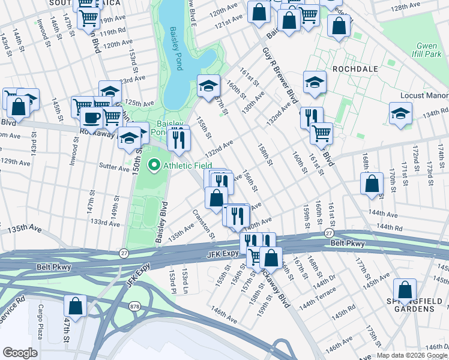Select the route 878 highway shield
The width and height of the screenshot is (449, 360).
tap(134, 307)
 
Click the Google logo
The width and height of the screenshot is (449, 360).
tap(20, 352)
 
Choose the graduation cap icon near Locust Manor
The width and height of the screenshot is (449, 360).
tap(400, 113)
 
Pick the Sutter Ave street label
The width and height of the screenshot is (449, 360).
tap(114, 170)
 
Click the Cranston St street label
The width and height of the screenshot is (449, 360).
tap(203, 223)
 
